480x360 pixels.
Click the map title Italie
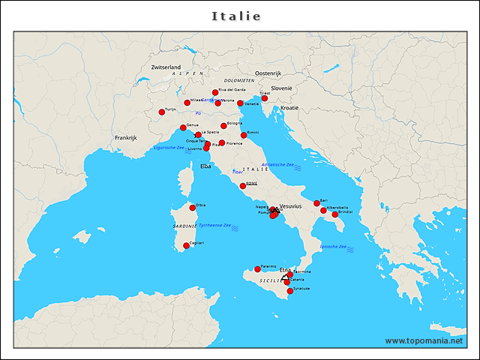coord(236,16)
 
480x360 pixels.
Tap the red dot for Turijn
coord(161,112)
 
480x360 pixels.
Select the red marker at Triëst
coord(264,98)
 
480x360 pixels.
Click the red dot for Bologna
coord(223,126)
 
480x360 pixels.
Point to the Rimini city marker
coord(244,136)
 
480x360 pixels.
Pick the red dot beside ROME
coord(243,186)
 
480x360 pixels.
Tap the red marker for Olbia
coord(193,208)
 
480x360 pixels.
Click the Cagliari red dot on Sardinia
coord(186,245)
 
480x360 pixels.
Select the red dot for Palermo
coord(257,269)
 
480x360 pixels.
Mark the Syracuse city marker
coord(290,291)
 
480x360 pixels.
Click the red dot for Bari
coord(316,203)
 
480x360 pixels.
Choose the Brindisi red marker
coord(335,214)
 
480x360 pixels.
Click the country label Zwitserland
coord(166,67)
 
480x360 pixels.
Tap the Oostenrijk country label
coord(268,73)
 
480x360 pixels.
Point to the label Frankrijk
coord(126,138)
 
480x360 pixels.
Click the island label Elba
coord(206,166)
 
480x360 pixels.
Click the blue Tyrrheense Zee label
coord(214,225)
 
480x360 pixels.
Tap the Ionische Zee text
coord(332,247)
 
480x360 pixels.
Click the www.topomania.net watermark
coord(424,341)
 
